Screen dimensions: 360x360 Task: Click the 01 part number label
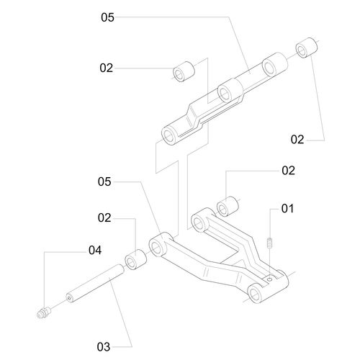(287, 209)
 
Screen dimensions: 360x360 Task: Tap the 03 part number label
(104, 347)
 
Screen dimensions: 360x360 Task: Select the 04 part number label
(95, 251)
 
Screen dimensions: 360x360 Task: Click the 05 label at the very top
(107, 17)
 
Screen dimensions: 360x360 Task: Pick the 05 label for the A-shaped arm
(104, 181)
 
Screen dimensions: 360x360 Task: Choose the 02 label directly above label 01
(288, 171)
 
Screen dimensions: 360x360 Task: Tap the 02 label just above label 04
(104, 217)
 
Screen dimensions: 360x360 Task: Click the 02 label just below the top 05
(106, 68)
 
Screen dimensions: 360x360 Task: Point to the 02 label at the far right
(297, 140)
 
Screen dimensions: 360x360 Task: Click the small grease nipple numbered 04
(45, 312)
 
